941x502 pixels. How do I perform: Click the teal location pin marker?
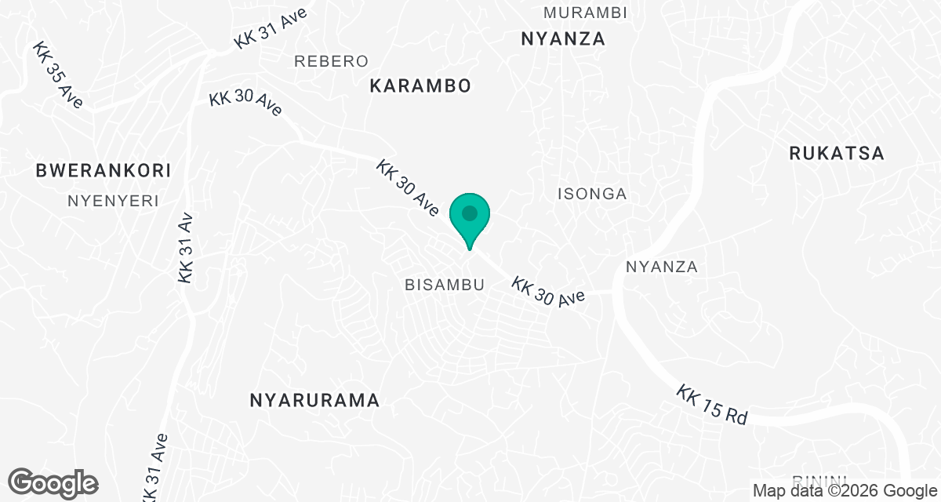[x=470, y=218]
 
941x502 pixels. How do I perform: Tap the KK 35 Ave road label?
[x=57, y=75]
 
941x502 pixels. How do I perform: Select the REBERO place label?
[x=331, y=61]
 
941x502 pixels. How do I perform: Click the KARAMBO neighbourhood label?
[x=420, y=86]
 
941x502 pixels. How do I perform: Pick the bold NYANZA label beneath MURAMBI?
[x=563, y=39]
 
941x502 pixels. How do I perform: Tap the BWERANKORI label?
[x=104, y=170]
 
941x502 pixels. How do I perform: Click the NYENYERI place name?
[x=113, y=201]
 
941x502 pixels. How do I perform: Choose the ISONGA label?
[x=592, y=194]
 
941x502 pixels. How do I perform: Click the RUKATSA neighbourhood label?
[x=837, y=154]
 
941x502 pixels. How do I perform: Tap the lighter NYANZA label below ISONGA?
[x=662, y=267]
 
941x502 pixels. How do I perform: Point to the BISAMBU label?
[x=444, y=285]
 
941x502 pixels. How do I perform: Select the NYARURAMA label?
[x=314, y=401]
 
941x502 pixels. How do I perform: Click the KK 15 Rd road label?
[x=712, y=405]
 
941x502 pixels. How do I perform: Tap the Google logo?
[x=53, y=482]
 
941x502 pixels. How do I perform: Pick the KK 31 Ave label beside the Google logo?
[x=153, y=468]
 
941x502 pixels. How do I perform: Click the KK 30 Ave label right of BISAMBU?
[x=549, y=291]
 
